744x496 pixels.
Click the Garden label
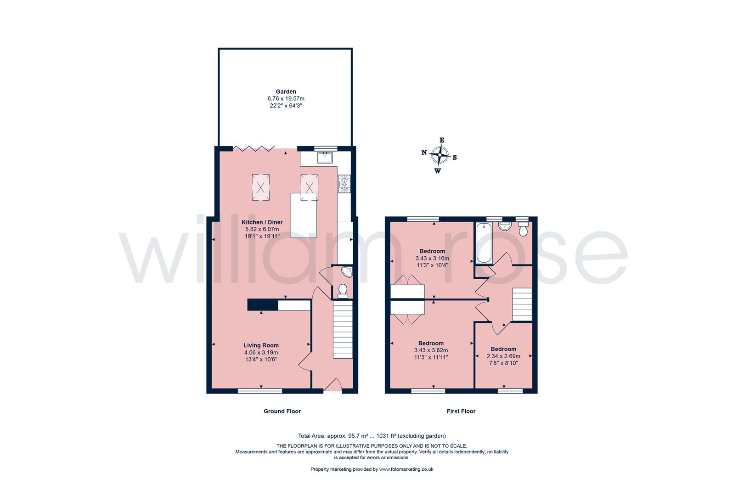click(x=286, y=92)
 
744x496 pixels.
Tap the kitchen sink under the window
click(x=325, y=158)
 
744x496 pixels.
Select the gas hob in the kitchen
click(x=344, y=184)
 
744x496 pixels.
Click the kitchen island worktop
click(x=304, y=215)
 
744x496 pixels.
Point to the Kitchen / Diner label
click(x=262, y=222)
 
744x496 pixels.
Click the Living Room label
click(x=261, y=345)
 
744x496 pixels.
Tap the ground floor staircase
click(x=343, y=329)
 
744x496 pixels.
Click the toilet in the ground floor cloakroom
click(x=343, y=291)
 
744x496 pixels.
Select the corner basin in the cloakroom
click(x=347, y=272)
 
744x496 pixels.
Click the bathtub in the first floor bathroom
click(x=484, y=243)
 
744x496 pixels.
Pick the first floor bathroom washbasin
click(x=505, y=226)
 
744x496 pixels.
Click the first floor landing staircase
click(x=522, y=304)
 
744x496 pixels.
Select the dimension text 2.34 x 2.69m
click(x=503, y=356)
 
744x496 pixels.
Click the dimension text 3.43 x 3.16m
click(x=432, y=259)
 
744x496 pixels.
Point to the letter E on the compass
click(x=442, y=140)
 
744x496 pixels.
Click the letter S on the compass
click(x=455, y=158)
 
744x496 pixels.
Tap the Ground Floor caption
click(x=282, y=411)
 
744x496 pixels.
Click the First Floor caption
click(x=461, y=411)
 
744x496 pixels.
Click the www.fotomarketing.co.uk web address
click(x=406, y=469)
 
